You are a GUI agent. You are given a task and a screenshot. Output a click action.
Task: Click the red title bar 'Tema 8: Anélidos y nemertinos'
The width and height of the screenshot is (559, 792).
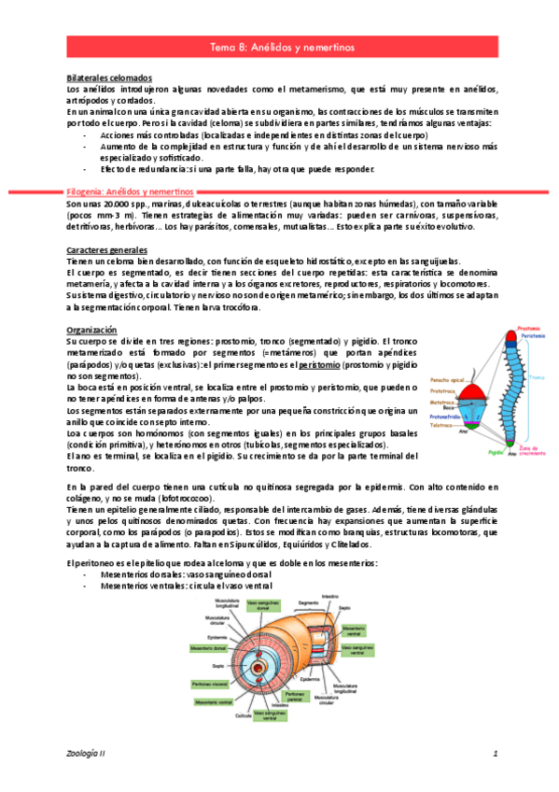pos(279,46)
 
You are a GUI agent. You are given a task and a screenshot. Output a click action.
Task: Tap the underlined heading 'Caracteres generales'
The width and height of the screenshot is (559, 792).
pos(107,251)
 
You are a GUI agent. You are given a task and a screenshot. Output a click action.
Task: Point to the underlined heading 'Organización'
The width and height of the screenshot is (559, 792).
pos(91,330)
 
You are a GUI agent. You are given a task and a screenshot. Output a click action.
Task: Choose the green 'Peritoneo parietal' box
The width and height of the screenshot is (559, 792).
pos(294,696)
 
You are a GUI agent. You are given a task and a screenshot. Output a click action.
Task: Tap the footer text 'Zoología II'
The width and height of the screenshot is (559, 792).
pos(87,752)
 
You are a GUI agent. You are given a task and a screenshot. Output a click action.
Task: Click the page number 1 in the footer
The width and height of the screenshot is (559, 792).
pos(496,752)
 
